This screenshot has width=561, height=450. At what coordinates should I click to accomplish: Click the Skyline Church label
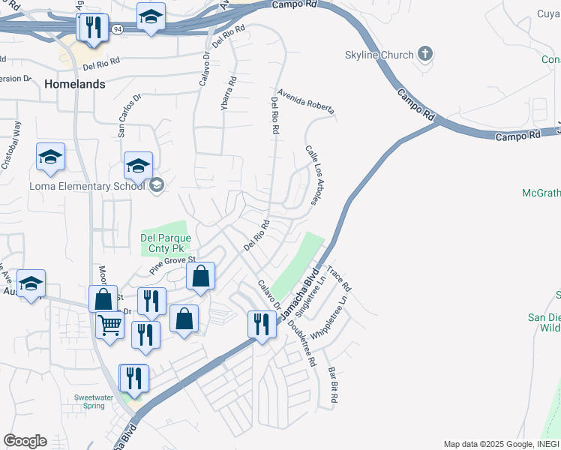(379, 55)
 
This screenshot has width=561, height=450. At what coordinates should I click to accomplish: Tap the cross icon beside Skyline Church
(425, 54)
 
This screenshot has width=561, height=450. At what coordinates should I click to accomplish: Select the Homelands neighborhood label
(74, 84)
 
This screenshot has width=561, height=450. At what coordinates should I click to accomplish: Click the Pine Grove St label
(172, 263)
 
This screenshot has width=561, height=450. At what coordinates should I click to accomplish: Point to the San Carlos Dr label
(129, 116)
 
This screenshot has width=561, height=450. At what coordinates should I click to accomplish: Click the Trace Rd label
(339, 278)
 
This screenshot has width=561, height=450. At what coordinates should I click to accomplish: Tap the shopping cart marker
(109, 325)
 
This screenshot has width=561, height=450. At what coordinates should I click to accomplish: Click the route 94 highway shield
(118, 28)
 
